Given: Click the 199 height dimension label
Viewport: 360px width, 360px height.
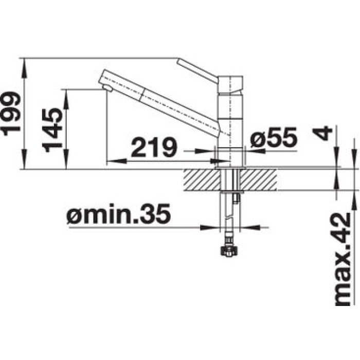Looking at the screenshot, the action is [x=11, y=114].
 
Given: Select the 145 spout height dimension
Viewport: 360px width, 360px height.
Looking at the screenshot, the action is [x=52, y=131].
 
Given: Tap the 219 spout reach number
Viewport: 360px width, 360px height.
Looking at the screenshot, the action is [x=154, y=147].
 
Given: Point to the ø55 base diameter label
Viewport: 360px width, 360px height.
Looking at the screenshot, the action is [x=274, y=137].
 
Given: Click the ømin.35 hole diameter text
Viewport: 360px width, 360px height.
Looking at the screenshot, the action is [x=119, y=214].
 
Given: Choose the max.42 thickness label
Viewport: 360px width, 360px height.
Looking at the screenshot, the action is [x=343, y=259].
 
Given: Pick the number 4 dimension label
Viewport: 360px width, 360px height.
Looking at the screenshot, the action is [x=322, y=133].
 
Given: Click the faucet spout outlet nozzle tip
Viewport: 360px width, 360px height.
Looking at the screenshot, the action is [x=107, y=88].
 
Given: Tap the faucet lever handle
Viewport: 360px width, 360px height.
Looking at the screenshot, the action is [x=197, y=69].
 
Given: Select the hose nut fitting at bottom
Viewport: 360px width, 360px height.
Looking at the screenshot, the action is [x=228, y=251].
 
